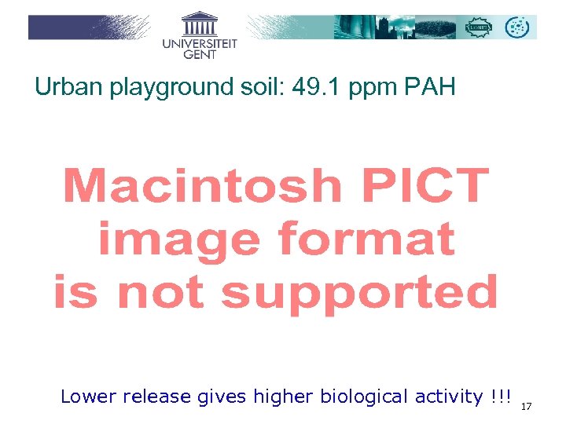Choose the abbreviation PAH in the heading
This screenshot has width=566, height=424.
(430, 87)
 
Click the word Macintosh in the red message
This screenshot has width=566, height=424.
(202, 187)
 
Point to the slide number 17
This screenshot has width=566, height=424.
(527, 406)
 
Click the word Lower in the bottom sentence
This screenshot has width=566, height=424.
(87, 397)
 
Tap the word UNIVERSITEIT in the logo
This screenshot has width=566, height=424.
(200, 45)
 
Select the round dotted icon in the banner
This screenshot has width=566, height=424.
(517, 27)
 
